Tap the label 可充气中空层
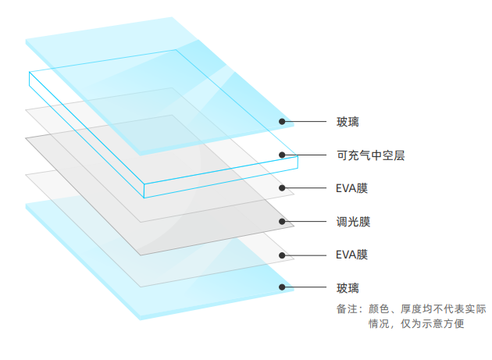point(370,155)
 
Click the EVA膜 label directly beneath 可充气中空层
point(352,188)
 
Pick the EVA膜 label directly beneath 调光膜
point(352,255)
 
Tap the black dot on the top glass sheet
point(282,122)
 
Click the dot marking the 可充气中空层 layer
point(282,155)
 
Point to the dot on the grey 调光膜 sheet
point(282,222)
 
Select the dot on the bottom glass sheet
point(282,287)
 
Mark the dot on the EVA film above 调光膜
point(282,188)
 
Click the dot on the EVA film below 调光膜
point(282,255)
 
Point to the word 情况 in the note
point(378,323)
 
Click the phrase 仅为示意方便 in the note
point(437,323)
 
